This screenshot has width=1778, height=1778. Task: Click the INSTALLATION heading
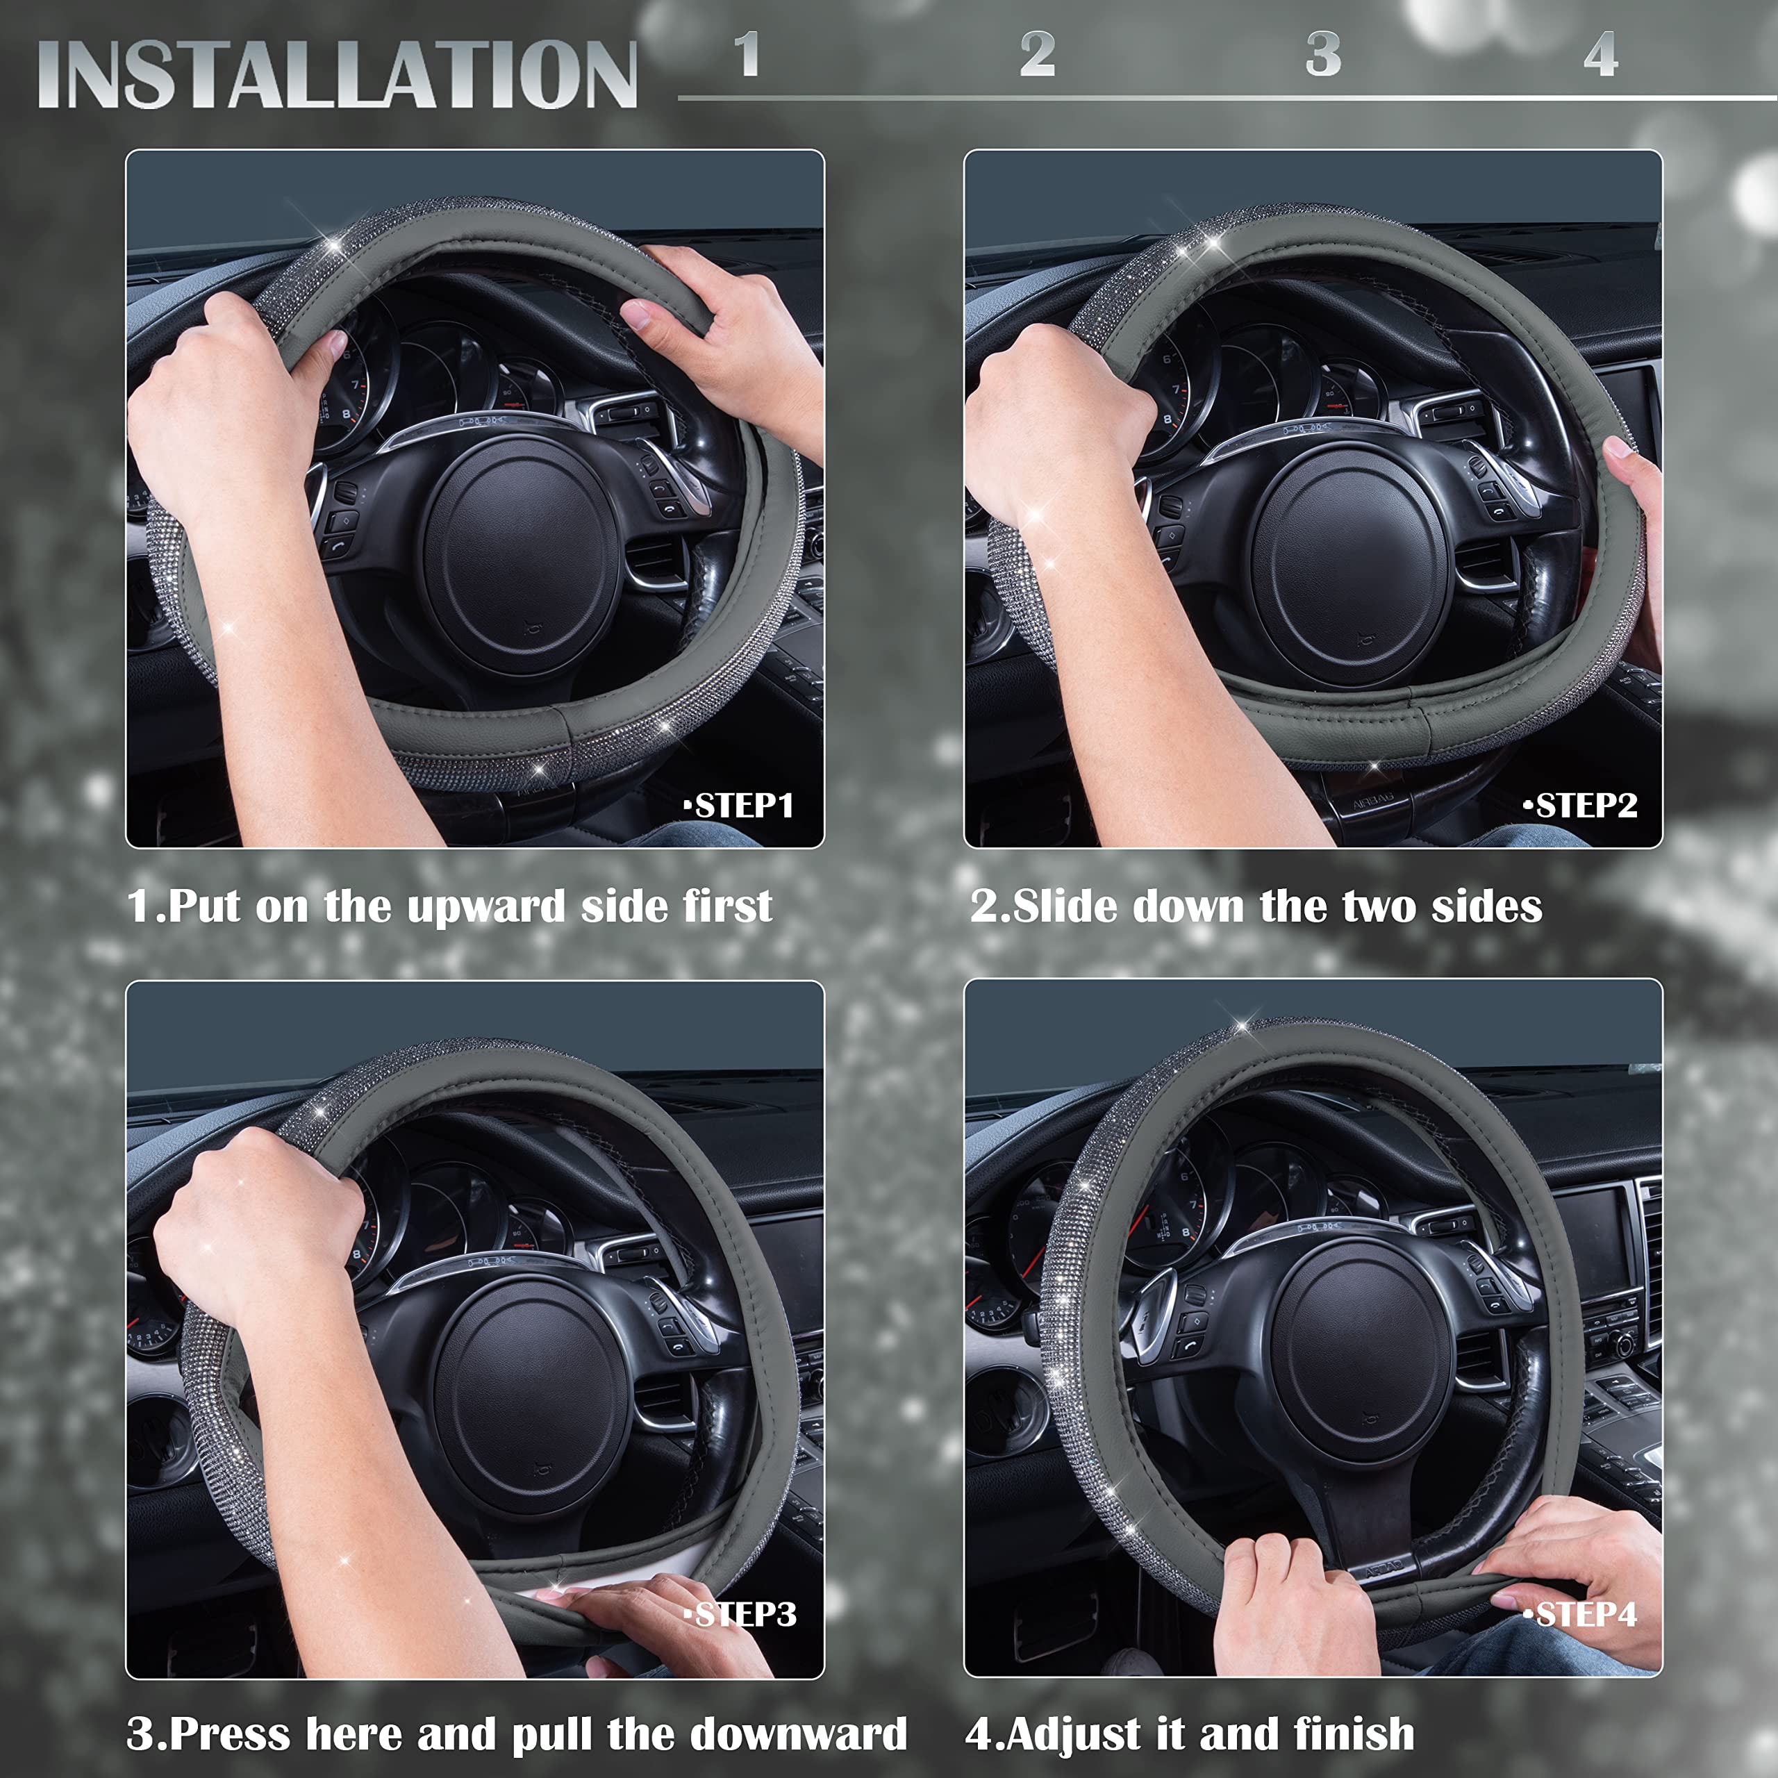[337, 76]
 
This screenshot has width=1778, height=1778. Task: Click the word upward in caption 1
[486, 908]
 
